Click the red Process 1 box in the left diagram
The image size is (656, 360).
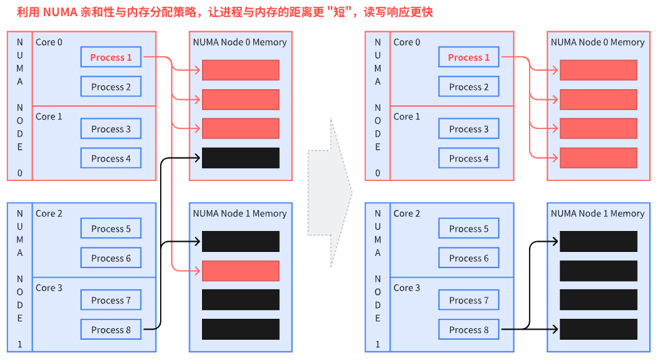click(111, 57)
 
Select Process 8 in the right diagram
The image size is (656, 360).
click(469, 330)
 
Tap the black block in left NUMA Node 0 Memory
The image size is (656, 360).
click(241, 158)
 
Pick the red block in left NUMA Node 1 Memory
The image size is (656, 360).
click(241, 271)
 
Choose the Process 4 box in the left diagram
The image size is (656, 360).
click(111, 159)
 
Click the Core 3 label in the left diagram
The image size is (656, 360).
click(49, 288)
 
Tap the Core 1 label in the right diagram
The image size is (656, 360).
click(407, 116)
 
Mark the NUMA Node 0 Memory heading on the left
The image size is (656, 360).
click(240, 42)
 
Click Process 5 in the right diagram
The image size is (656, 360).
click(469, 228)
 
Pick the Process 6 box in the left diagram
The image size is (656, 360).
click(111, 258)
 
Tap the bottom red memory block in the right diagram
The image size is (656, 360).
click(599, 158)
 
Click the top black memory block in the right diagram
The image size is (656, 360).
click(599, 241)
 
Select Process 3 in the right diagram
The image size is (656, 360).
click(469, 129)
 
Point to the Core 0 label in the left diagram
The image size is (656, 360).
click(49, 42)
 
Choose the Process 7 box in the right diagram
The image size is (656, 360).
click(469, 300)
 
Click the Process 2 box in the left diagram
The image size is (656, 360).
click(111, 86)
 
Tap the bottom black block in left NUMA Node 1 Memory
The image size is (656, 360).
click(241, 330)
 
